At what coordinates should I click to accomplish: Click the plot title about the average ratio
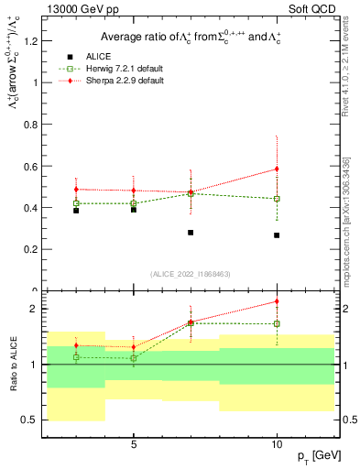(x=193, y=37)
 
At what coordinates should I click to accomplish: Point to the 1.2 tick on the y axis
(x=31, y=41)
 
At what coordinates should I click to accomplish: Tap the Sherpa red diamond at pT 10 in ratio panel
(x=277, y=301)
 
